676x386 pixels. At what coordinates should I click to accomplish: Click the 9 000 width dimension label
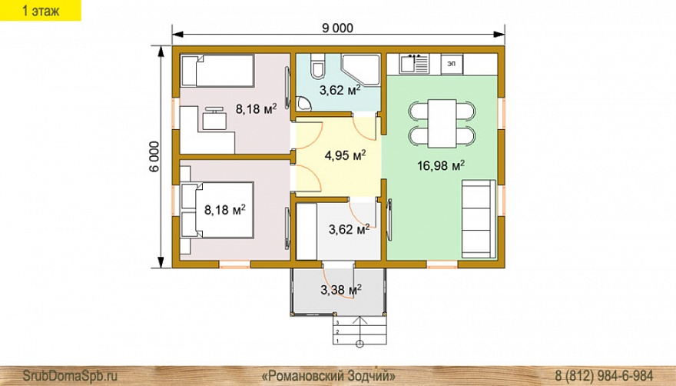(x=337, y=28)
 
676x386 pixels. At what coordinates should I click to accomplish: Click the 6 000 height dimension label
(x=154, y=157)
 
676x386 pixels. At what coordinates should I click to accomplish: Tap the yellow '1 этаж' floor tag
(x=41, y=10)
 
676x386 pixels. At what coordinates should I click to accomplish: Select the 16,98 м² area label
(x=441, y=165)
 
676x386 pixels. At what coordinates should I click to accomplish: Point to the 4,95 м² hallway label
(x=346, y=155)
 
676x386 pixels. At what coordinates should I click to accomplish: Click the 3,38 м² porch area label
(x=340, y=289)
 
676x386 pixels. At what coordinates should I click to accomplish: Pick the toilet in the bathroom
(x=318, y=66)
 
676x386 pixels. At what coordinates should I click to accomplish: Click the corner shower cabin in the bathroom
(x=361, y=70)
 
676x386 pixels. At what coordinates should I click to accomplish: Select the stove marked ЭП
(x=452, y=65)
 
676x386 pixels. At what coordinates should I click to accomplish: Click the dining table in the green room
(x=442, y=124)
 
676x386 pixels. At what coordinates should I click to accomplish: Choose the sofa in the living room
(x=479, y=219)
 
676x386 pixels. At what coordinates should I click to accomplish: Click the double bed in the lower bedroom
(x=217, y=210)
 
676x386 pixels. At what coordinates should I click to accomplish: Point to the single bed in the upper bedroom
(x=217, y=71)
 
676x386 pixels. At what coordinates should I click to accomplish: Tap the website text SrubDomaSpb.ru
(x=70, y=375)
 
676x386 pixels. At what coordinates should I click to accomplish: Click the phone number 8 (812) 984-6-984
(x=604, y=375)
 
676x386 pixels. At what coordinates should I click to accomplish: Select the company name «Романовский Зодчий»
(x=329, y=375)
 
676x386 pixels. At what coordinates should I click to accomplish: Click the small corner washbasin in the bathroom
(x=303, y=104)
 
